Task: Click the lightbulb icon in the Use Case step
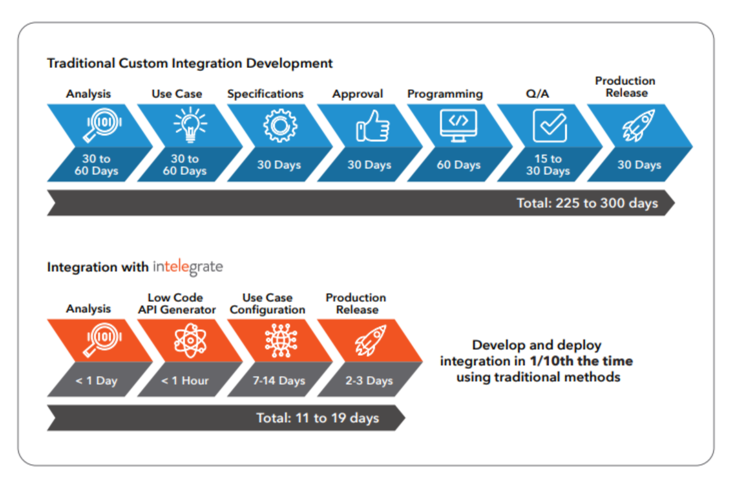click(x=190, y=125)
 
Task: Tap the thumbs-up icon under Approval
click(x=373, y=126)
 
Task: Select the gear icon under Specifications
click(x=280, y=126)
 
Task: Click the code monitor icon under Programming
click(x=458, y=126)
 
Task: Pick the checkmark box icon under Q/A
click(x=550, y=125)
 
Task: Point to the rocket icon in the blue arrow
click(x=638, y=125)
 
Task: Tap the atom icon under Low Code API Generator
click(x=190, y=340)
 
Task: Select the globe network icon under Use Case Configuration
click(x=281, y=340)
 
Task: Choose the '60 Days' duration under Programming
click(x=459, y=165)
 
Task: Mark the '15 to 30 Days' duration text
click(x=548, y=165)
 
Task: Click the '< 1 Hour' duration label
click(x=185, y=381)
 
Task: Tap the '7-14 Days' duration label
click(x=279, y=381)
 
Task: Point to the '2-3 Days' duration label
click(x=369, y=381)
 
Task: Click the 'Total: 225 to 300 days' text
click(x=587, y=203)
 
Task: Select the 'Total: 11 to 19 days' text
click(x=318, y=418)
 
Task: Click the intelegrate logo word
click(x=188, y=267)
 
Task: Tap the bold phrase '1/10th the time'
click(x=581, y=361)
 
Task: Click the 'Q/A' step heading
click(x=537, y=94)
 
